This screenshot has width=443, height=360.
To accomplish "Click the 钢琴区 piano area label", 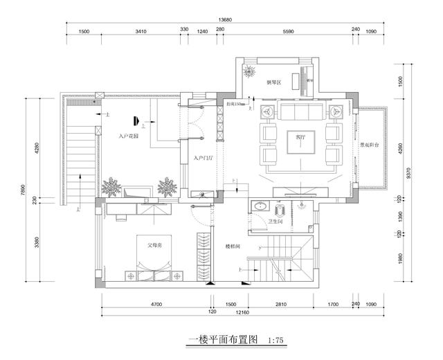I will click(x=273, y=82).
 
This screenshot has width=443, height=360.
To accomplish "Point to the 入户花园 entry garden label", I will click(x=128, y=136).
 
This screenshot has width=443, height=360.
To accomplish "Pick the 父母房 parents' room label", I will click(x=154, y=245).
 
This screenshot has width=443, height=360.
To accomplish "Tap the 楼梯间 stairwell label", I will click(x=232, y=246).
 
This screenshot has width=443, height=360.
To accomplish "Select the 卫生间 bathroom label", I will click(x=276, y=223).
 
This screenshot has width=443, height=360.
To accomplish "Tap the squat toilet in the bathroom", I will click(x=282, y=208).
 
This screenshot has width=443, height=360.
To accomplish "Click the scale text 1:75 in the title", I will click(x=275, y=341).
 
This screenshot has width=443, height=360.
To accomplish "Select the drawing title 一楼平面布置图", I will click(x=223, y=341).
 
